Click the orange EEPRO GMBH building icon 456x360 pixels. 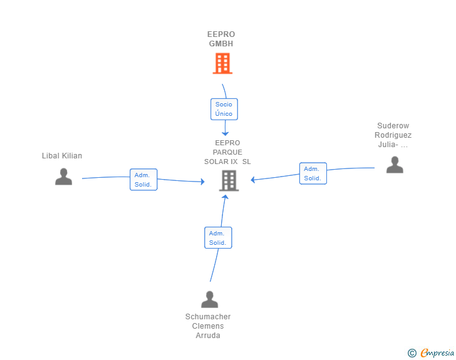pos(222,63)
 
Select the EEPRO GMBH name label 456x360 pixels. pos(221,39)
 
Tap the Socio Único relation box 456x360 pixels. pos(224,109)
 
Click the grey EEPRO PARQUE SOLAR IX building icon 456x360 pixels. pos(229,180)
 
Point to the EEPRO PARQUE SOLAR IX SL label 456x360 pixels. pos(227,152)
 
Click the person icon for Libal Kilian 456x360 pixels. pos(63,177)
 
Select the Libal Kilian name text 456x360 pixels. pos(62,156)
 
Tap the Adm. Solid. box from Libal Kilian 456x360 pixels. pos(143,180)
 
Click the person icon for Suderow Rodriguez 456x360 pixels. pos(395,165)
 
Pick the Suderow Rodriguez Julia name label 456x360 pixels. pos(393,135)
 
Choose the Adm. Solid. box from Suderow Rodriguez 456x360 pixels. pos(313,173)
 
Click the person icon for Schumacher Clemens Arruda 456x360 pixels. pos(209,299)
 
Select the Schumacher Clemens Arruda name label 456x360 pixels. pos(208,326)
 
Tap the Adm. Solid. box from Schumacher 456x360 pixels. pos(217,238)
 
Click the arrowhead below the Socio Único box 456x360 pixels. pos(225,133)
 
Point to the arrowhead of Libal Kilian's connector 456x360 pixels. pos(202,182)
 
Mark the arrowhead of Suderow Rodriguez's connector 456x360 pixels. pos(253,180)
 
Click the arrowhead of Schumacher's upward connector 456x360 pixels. pos(224,197)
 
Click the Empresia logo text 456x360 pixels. pos(437,353)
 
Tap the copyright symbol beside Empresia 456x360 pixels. pos(412,353)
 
